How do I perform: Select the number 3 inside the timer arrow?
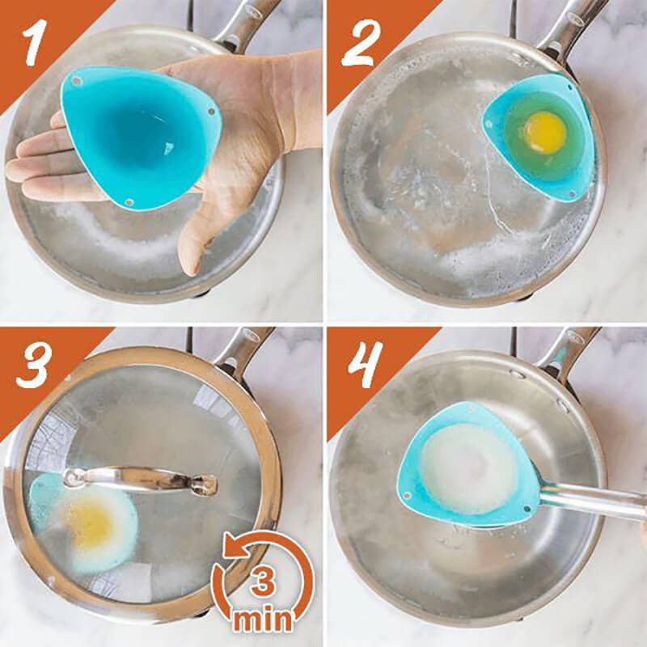pos(260,581)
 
